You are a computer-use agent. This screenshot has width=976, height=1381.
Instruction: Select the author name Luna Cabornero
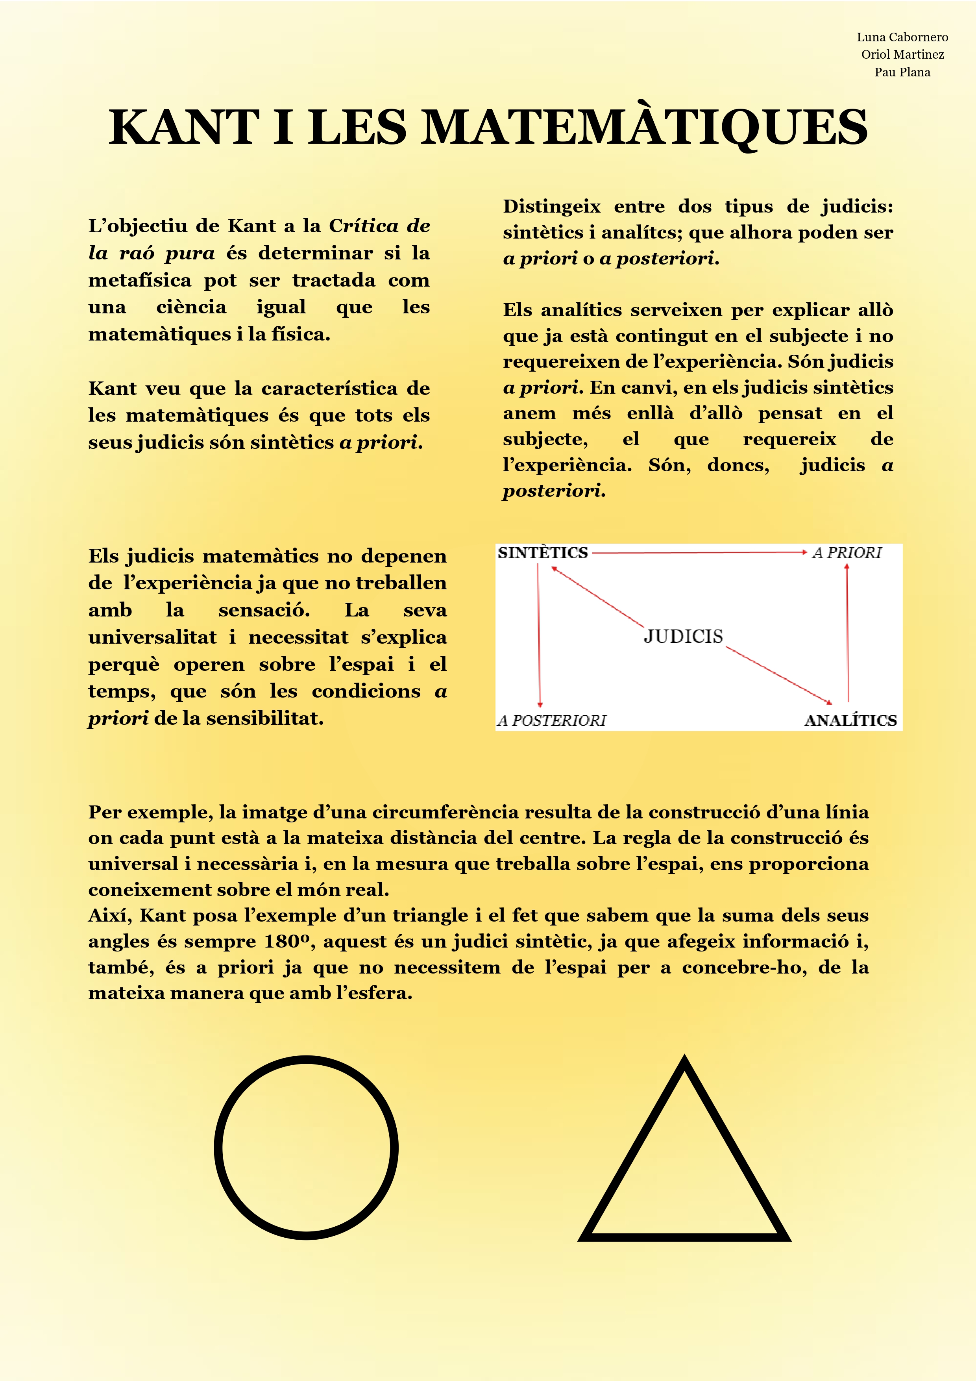tap(902, 37)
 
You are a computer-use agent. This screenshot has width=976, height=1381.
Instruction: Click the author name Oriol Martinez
tap(902, 55)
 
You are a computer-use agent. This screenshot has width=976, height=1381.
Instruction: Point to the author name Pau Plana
tap(902, 72)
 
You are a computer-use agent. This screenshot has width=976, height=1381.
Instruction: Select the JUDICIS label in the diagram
tap(684, 636)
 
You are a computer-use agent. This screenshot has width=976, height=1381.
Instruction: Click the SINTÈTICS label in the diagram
tap(542, 553)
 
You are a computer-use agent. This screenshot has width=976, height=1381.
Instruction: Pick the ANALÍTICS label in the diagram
tap(850, 720)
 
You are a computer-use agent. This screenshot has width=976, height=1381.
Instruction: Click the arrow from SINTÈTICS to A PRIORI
tap(698, 552)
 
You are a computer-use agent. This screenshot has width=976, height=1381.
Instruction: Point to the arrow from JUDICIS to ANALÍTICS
tap(779, 675)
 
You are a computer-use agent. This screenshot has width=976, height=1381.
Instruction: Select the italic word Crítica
tap(363, 226)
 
